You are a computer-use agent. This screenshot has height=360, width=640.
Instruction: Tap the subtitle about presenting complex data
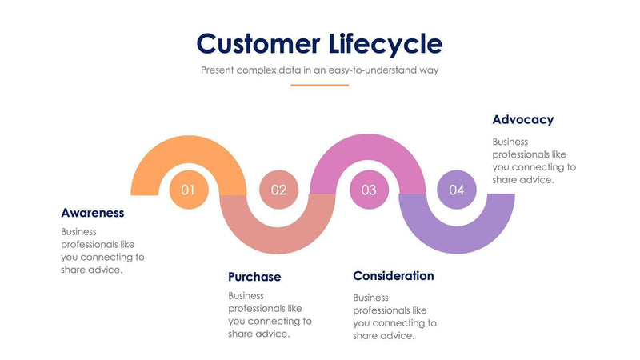pyautogui.click(x=319, y=70)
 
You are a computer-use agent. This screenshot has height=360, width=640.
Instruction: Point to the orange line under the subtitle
pyautogui.click(x=319, y=85)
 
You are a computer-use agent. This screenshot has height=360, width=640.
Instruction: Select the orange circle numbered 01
pyautogui.click(x=189, y=190)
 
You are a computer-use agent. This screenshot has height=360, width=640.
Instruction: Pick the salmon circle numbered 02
pyautogui.click(x=278, y=190)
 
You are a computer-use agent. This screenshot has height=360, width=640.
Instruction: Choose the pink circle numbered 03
pyautogui.click(x=369, y=190)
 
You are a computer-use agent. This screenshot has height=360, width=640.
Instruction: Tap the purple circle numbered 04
pyautogui.click(x=457, y=190)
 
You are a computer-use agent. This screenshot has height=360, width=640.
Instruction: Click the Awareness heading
pyautogui.click(x=93, y=213)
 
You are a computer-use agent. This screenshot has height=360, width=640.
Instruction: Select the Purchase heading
pyautogui.click(x=254, y=277)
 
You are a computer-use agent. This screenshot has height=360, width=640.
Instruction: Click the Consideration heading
pyautogui.click(x=394, y=276)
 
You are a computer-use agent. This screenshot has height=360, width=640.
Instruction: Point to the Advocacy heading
pyautogui.click(x=523, y=120)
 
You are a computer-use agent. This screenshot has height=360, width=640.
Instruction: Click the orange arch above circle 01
pyautogui.click(x=189, y=149)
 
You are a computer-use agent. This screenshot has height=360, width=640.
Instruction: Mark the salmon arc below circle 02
pyautogui.click(x=278, y=235)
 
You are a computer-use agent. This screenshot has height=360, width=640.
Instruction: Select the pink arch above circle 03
pyautogui.click(x=369, y=149)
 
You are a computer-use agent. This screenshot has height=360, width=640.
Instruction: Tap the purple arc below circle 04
pyautogui.click(x=457, y=235)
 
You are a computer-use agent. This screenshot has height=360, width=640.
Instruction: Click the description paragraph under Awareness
pyautogui.click(x=102, y=250)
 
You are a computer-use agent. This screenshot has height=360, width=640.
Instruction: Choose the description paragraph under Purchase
pyautogui.click(x=270, y=314)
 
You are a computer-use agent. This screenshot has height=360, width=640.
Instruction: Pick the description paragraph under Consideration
pyautogui.click(x=394, y=316)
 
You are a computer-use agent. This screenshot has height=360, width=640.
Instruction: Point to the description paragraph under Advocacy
pyautogui.click(x=534, y=161)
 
